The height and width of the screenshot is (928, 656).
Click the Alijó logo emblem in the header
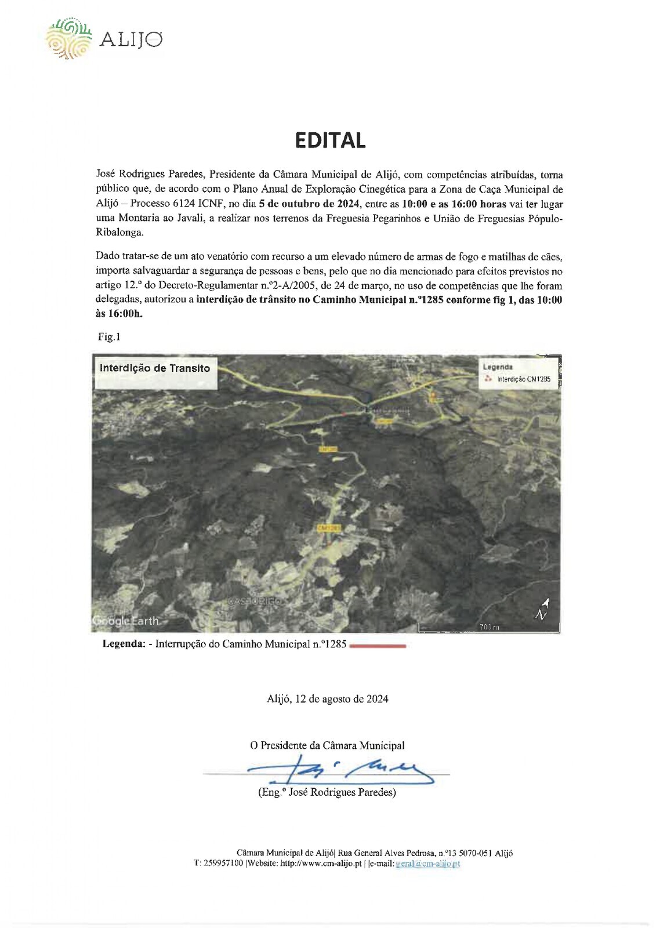[69, 38]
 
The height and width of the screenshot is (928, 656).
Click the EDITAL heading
[330, 140]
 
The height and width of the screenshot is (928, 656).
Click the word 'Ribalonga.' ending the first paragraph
[119, 233]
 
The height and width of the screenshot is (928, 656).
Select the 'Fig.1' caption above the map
[109, 337]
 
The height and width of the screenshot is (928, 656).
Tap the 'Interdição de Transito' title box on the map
[155, 368]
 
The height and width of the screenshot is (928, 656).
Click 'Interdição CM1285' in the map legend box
[524, 379]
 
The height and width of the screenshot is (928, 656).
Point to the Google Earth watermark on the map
[126, 621]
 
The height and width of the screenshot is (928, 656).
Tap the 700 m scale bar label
[489, 627]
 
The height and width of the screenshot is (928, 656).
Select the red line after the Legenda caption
[378, 645]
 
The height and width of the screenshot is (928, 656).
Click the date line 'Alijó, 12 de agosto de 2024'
[327, 699]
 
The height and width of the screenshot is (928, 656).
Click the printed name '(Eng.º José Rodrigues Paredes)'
[327, 792]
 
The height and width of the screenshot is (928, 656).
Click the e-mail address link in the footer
[427, 864]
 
